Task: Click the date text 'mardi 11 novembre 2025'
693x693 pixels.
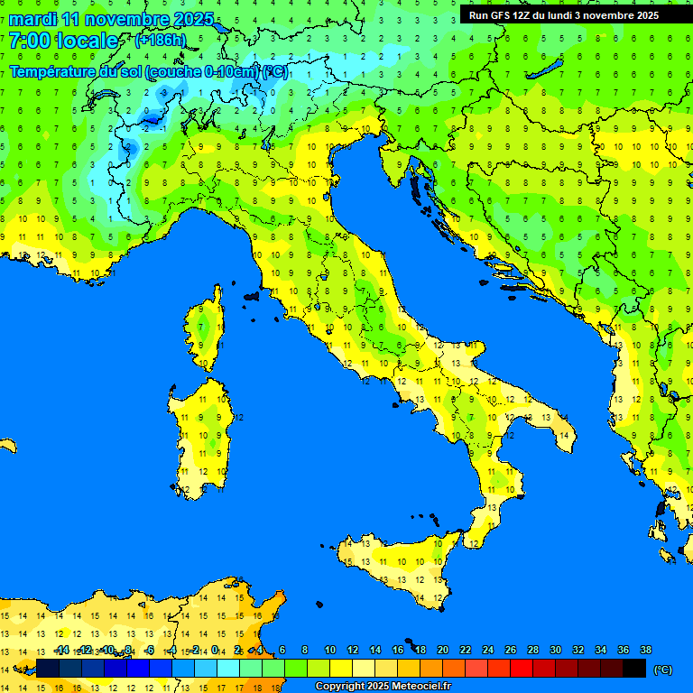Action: (111, 19)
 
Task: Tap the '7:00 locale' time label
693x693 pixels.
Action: (63, 41)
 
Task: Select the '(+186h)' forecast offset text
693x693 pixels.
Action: (160, 41)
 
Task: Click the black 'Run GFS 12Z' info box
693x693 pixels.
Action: (564, 15)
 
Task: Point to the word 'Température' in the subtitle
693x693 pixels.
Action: (52, 71)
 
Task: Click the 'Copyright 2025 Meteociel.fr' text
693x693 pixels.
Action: (383, 687)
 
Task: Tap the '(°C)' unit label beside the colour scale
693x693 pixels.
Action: (663, 670)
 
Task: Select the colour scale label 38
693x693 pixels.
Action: (646, 651)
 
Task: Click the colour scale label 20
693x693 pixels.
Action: (442, 651)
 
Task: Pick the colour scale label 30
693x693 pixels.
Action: (556, 651)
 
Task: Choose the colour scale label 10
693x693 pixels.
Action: (329, 651)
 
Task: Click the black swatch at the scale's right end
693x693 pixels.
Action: (634, 669)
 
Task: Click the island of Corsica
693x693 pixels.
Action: (207, 329)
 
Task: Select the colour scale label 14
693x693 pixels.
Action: (374, 651)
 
